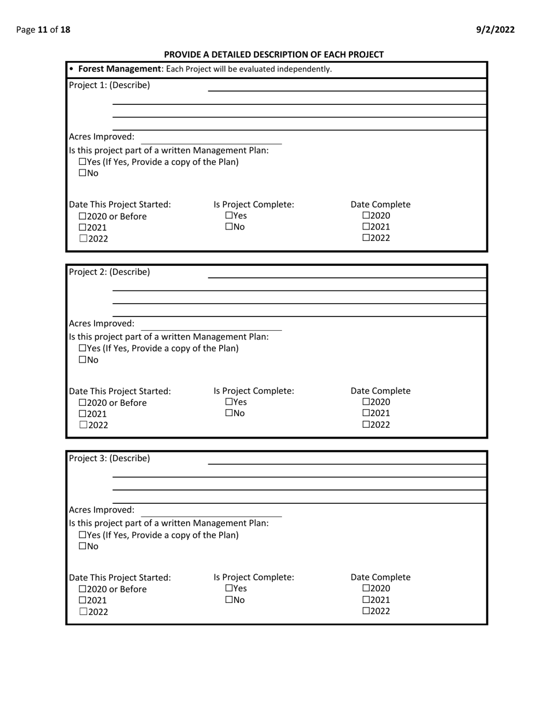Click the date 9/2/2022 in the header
point(496,30)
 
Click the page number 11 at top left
point(43,30)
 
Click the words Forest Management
point(119,69)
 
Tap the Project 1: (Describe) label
point(109,85)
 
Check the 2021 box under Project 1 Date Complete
point(366,227)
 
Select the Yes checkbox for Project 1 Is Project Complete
point(229,216)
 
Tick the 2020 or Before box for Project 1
point(82,217)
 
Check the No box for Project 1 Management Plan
point(82,173)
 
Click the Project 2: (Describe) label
point(109,271)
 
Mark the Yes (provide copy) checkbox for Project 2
point(82,349)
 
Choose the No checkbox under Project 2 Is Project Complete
point(229,413)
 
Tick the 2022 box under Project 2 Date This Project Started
point(82,425)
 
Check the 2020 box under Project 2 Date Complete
point(366,402)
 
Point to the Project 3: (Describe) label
point(109,458)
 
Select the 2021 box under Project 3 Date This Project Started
point(82,600)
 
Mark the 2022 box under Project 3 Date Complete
point(366,611)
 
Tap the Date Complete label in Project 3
point(380,577)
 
